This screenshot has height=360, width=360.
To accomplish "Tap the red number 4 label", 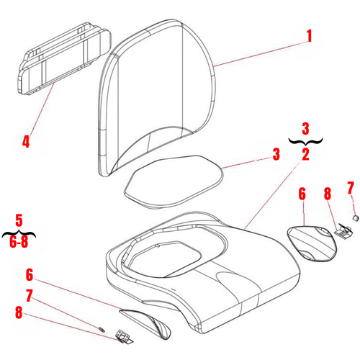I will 27,141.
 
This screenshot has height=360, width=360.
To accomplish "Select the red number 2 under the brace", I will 305,154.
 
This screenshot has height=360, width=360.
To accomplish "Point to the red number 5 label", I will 19,218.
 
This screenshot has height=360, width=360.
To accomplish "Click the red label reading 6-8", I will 19,244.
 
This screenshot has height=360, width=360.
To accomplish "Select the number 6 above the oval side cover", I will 302,194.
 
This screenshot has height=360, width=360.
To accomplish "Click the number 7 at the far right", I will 351,188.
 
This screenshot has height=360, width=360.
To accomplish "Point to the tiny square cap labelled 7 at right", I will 354,215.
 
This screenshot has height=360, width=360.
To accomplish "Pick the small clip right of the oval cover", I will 343,230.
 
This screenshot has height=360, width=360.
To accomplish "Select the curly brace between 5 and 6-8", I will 19,232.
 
